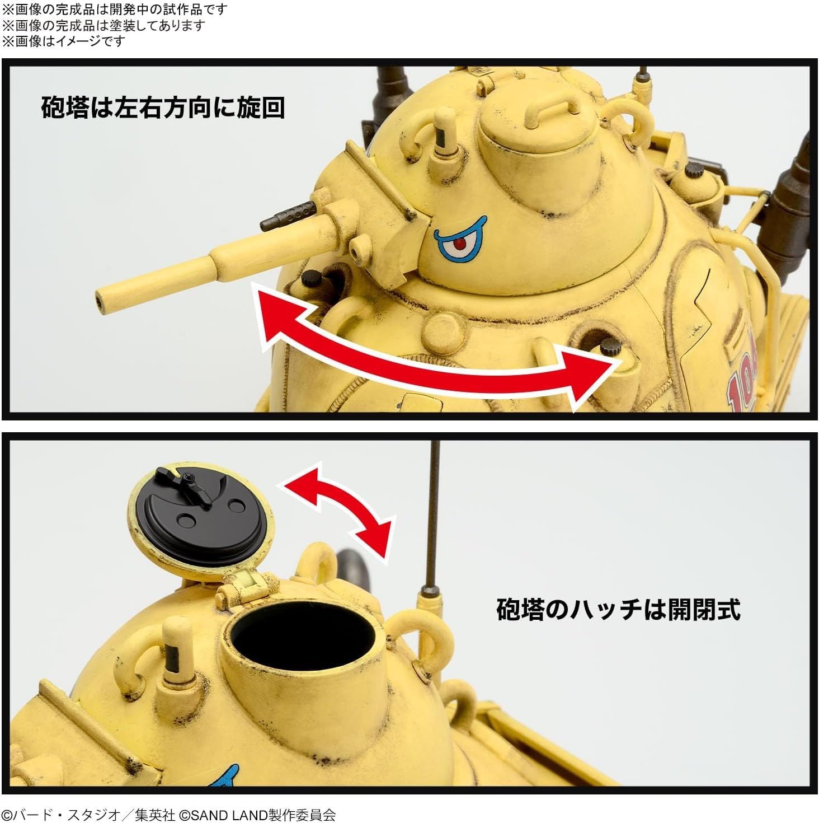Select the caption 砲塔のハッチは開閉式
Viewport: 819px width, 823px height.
coord(618,609)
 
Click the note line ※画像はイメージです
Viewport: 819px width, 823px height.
coord(64,41)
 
